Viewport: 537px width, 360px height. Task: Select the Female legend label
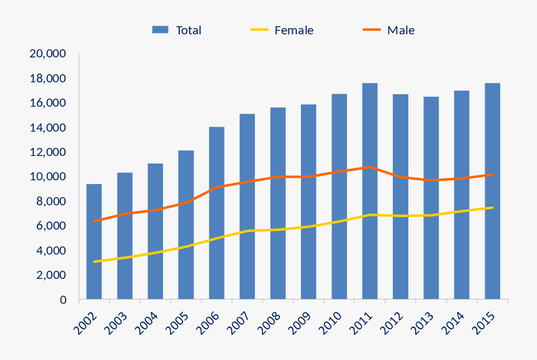coord(293,30)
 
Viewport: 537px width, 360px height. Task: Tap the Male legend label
coord(400,30)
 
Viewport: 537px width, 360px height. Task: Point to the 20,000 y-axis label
coord(48,54)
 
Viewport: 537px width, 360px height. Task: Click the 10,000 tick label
coord(48,177)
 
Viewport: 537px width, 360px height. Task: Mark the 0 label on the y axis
coord(63,300)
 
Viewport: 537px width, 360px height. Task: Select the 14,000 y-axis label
coord(48,128)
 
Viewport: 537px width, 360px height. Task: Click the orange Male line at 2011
coord(370,167)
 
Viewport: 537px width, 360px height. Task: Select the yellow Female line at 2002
coord(94,261)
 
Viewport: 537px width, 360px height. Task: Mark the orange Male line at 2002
coord(94,221)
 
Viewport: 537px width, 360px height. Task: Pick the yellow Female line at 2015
coord(493,208)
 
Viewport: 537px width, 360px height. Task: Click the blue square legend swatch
coord(160,30)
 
